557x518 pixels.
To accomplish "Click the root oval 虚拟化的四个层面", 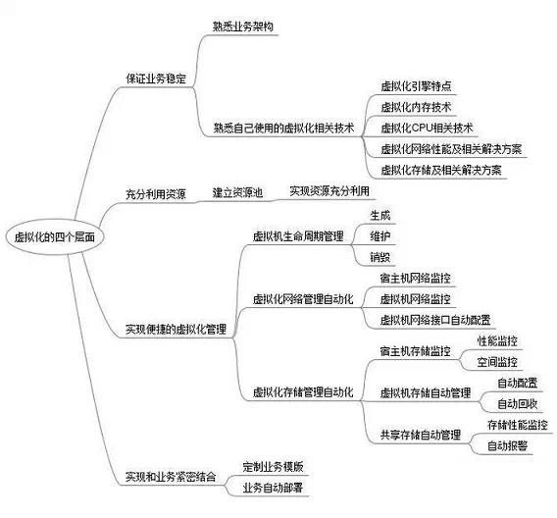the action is coord(55,236).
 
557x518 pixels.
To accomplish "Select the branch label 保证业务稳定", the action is coord(156,78).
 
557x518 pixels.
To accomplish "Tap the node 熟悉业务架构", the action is coord(243,26).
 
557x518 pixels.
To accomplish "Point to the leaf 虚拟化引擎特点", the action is coord(416,86).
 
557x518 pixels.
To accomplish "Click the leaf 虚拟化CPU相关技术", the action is coord(427,128).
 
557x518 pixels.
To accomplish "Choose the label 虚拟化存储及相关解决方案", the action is coord(441,170).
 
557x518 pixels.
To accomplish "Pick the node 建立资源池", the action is coord(237,192).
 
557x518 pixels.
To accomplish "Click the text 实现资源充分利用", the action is coord(329,191).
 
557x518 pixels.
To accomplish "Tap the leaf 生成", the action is coord(380,215).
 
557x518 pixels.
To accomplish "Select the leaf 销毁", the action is coord(380,257).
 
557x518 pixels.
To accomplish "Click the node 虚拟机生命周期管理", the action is coord(298,236).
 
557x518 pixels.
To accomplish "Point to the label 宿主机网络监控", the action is coord(415,279).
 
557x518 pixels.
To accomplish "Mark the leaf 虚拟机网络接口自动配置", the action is coord(435,320).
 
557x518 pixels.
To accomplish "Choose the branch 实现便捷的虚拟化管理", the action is coord(176,329).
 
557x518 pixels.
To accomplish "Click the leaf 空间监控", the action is coord(497,362).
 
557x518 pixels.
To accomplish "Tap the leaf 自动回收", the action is coord(517,404).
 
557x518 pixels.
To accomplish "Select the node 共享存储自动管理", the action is coord(421,435).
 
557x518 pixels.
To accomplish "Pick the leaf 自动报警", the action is coord(507,445).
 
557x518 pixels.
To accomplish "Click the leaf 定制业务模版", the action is coord(274,466).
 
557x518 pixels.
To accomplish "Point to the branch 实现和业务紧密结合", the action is coord(171,477).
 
